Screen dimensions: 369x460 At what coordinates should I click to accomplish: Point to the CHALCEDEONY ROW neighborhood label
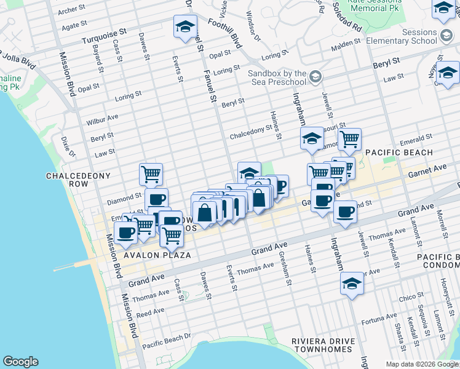78,180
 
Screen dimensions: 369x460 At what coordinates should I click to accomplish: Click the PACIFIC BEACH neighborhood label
399,153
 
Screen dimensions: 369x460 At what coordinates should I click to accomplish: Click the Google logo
20,362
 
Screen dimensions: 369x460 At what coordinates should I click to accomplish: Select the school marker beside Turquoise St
184,26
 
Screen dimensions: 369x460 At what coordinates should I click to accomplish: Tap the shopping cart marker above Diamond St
151,174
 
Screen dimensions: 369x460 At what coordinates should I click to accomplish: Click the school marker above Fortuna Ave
352,284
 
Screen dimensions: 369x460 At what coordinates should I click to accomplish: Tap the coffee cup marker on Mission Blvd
126,232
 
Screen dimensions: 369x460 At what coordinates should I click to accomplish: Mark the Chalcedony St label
251,132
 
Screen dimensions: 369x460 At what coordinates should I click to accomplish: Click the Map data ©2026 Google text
421,364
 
